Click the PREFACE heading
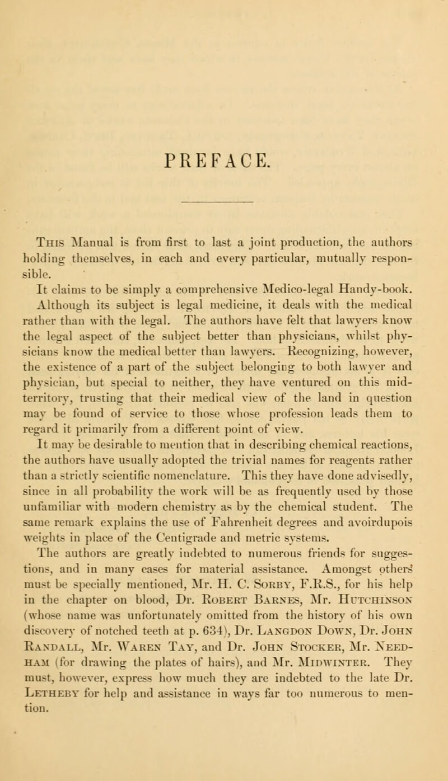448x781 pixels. click(224, 105)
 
